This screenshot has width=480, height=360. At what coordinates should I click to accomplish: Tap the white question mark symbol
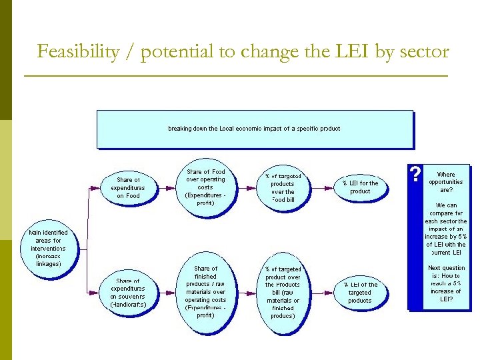click(416, 175)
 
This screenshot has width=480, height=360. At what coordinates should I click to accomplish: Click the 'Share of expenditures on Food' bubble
click(129, 187)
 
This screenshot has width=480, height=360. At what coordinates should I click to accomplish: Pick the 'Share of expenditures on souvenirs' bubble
click(128, 292)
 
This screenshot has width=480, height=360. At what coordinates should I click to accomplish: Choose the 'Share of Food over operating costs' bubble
click(205, 187)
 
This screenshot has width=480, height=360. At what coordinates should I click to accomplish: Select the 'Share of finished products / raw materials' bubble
click(205, 291)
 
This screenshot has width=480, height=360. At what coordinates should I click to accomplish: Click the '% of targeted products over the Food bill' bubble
click(283, 188)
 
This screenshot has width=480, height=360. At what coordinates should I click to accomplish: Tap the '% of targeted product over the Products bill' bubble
click(283, 292)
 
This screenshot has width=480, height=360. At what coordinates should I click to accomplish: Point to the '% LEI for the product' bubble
click(360, 187)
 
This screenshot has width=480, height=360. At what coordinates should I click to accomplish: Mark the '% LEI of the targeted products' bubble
click(360, 292)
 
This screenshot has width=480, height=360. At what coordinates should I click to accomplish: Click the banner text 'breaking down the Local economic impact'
click(254, 129)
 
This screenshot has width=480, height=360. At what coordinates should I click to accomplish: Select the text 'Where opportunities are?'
click(446, 182)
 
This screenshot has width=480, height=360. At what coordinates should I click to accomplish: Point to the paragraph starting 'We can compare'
click(446, 229)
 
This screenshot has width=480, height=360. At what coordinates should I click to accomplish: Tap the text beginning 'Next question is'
click(446, 283)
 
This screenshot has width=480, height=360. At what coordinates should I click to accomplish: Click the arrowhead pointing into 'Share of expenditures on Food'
click(99, 187)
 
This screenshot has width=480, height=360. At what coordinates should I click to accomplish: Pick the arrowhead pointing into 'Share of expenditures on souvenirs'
click(99, 292)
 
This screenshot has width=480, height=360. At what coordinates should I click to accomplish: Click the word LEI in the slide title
click(351, 51)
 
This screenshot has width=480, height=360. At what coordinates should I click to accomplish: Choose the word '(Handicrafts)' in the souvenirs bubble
click(128, 305)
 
